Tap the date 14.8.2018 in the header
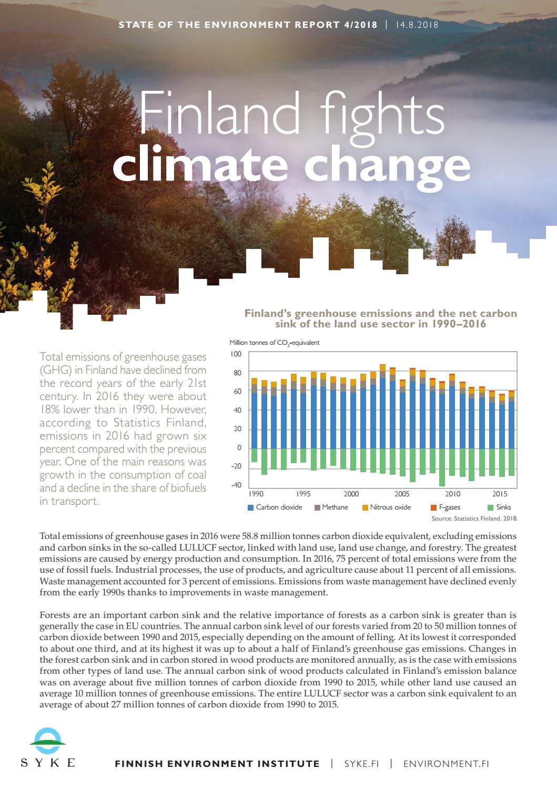(x=417, y=25)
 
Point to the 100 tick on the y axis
(x=236, y=354)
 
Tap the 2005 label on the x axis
(x=402, y=494)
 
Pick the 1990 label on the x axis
(x=256, y=494)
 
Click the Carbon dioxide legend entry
(x=275, y=507)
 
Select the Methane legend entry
(x=331, y=507)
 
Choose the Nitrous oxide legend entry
(x=386, y=507)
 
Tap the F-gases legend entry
(x=445, y=507)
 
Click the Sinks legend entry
(x=499, y=507)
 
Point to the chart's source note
(x=475, y=518)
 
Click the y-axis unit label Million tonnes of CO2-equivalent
(x=275, y=343)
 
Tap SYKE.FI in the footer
(x=361, y=763)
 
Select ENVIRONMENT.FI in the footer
(x=446, y=763)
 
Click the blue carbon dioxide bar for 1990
(x=254, y=421)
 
